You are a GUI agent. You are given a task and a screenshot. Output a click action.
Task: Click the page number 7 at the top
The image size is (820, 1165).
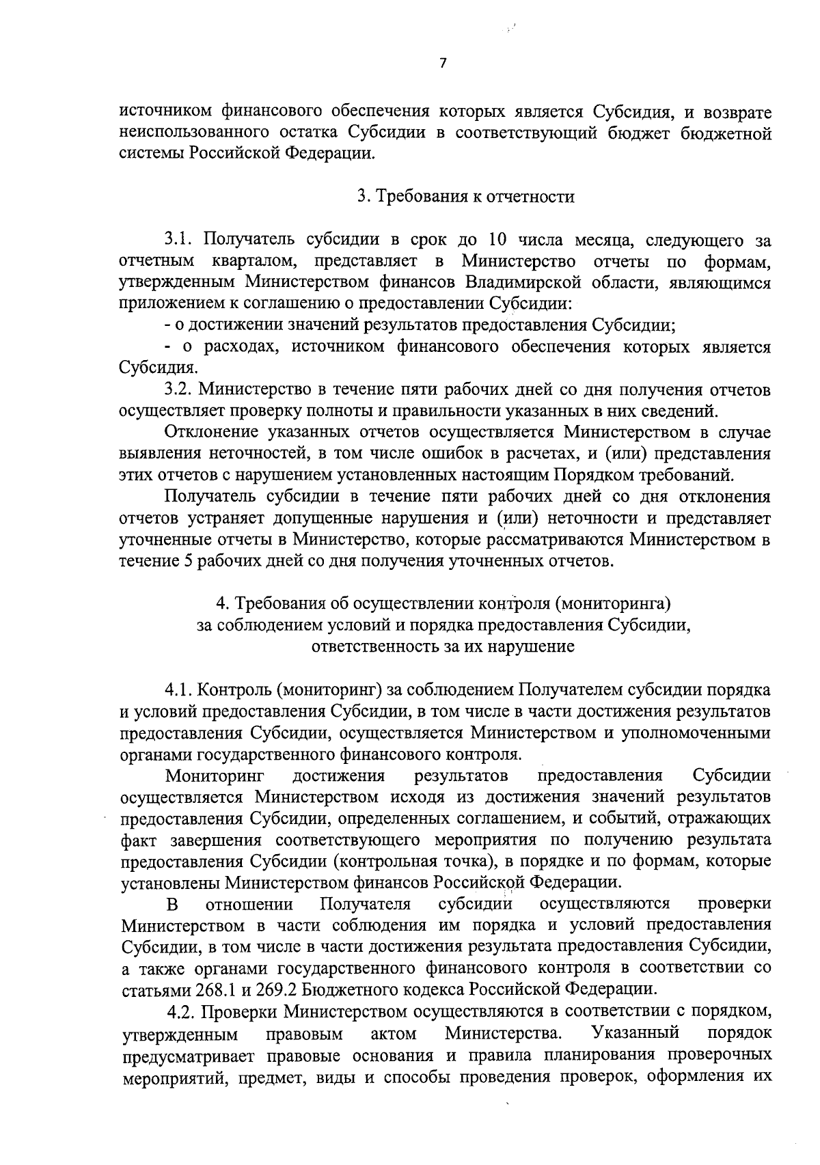443,64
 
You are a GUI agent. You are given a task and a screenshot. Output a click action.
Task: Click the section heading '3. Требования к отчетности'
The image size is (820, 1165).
466,197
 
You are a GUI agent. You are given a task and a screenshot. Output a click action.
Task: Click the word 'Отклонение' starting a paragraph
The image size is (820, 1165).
202,433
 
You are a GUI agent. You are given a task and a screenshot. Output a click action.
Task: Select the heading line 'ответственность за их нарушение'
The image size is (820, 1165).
442,646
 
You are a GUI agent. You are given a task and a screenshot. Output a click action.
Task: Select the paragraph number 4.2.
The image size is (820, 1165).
182,1011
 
